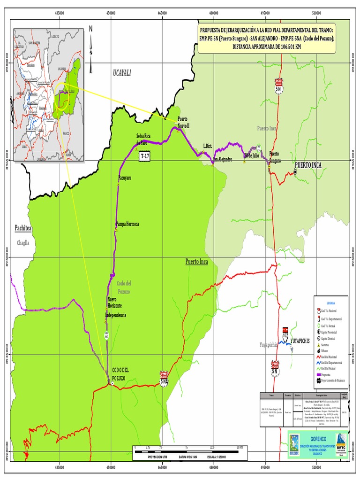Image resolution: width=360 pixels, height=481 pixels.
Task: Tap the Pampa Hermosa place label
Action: pos(127,224)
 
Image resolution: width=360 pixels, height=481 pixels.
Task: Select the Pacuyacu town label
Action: pos(125,178)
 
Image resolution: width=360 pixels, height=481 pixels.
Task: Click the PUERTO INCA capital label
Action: pos(308,165)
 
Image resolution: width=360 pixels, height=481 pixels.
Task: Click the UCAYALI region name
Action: pos(122,72)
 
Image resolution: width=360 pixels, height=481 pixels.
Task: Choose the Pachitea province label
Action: pos(23,228)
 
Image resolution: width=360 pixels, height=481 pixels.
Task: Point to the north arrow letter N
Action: pos(91,29)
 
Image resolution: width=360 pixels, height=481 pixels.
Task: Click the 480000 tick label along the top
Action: pos(214,13)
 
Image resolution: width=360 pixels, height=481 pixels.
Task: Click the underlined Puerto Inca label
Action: pos(196,261)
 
